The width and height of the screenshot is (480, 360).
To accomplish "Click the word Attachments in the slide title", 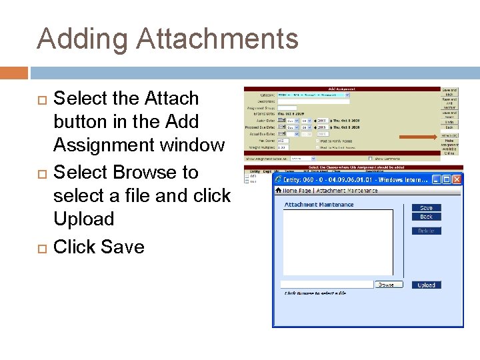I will (x=217, y=39).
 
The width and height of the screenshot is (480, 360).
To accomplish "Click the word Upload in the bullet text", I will (x=83, y=219).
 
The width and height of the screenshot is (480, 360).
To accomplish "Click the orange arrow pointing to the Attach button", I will (x=417, y=138).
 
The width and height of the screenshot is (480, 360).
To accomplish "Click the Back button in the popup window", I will (x=426, y=217).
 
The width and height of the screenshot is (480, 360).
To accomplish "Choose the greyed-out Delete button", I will (x=426, y=231).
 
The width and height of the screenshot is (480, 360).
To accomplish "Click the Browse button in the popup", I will (x=385, y=285).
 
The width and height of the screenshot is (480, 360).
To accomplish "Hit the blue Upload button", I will (x=426, y=285).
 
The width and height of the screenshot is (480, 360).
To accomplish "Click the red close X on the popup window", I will (x=457, y=179).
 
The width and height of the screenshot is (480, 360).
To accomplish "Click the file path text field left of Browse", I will (x=327, y=285).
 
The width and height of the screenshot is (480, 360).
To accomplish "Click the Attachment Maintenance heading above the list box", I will (x=319, y=205).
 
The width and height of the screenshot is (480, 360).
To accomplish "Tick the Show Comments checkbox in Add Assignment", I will (x=371, y=159).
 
